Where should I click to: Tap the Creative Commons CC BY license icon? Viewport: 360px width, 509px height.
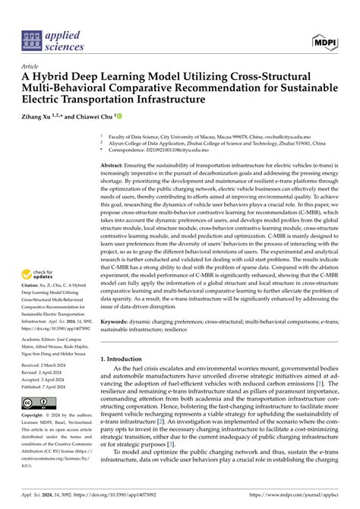(x=38, y=403)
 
